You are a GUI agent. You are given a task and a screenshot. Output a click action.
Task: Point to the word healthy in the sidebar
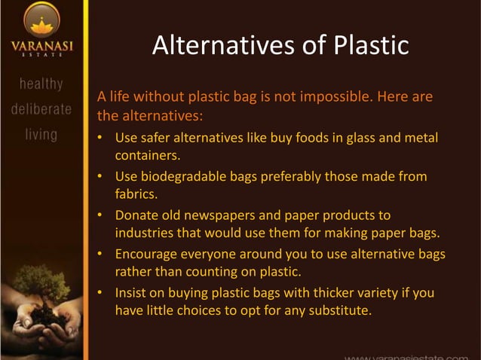coord(41,83)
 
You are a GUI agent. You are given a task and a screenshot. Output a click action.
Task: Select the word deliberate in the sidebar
coord(41,108)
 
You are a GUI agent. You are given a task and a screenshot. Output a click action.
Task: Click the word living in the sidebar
coord(41,135)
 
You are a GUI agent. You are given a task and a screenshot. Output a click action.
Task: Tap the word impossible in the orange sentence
coord(329,97)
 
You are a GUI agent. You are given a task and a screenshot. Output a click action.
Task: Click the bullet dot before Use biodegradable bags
coord(101,177)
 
